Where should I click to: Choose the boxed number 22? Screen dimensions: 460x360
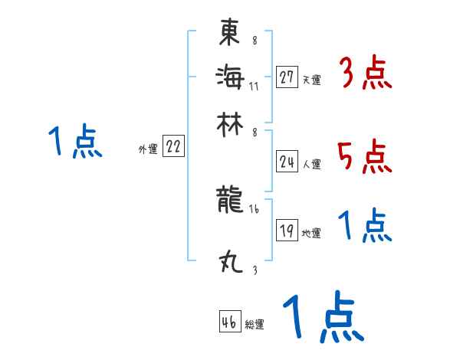pyautogui.click(x=173, y=148)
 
